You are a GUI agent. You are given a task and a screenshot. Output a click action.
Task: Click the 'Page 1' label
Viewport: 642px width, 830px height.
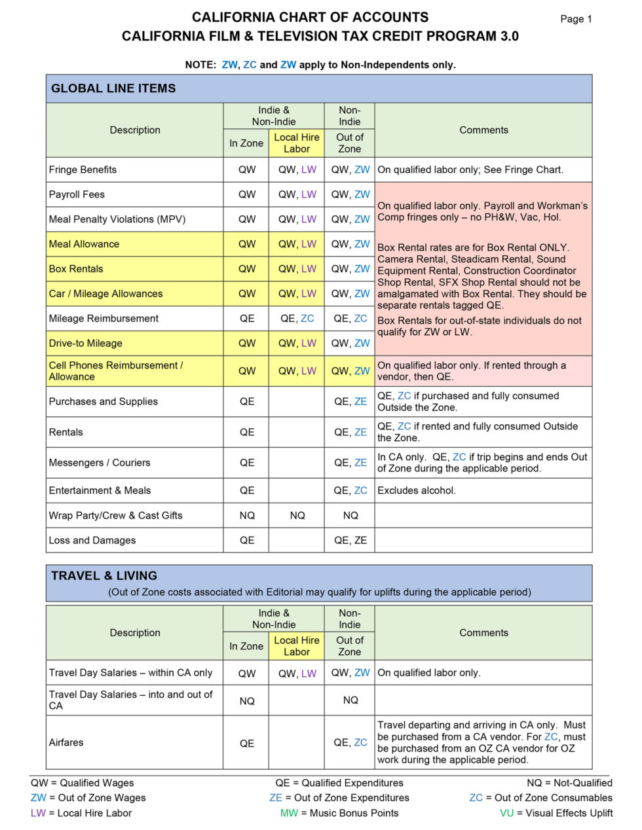(576, 19)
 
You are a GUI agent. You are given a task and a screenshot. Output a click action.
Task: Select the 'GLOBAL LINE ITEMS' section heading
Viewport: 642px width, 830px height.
(113, 88)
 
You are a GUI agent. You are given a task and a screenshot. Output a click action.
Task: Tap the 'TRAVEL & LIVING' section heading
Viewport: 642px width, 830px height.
(104, 576)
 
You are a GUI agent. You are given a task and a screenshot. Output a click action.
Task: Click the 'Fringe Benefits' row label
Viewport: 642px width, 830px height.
(83, 170)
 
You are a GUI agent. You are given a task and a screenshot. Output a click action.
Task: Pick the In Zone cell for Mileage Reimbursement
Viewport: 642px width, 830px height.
(246, 319)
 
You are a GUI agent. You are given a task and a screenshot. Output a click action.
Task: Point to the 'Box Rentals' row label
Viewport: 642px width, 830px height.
(76, 269)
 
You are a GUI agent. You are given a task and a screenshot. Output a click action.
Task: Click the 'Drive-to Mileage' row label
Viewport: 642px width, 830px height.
(85, 343)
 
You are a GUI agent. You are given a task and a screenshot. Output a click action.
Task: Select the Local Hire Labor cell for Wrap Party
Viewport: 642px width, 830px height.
(297, 516)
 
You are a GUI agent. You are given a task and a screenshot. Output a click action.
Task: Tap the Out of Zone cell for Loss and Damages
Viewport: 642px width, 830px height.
(350, 541)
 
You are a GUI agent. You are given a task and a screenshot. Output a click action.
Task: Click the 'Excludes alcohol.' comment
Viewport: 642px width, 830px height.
(417, 491)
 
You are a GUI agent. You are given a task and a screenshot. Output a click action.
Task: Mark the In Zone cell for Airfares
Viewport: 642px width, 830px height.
(246, 743)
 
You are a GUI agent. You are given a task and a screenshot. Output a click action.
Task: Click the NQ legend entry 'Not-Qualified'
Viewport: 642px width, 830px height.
(569, 783)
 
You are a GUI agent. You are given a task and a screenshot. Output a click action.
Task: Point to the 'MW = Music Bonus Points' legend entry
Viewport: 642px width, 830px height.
(339, 813)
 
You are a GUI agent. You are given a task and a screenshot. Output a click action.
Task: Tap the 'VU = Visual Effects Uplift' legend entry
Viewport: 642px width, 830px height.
(556, 813)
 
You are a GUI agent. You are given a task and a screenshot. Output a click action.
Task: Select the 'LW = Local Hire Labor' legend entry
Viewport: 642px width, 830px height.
(81, 813)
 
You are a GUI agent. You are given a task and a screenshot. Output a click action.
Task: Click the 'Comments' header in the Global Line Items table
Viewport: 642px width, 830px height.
(483, 130)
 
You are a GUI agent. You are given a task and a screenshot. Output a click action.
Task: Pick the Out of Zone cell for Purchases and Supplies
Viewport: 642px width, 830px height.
(350, 402)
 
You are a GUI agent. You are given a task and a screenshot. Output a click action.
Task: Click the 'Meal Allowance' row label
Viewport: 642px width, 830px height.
(84, 244)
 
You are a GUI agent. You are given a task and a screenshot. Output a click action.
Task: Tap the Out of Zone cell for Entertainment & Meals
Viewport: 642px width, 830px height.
(350, 491)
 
